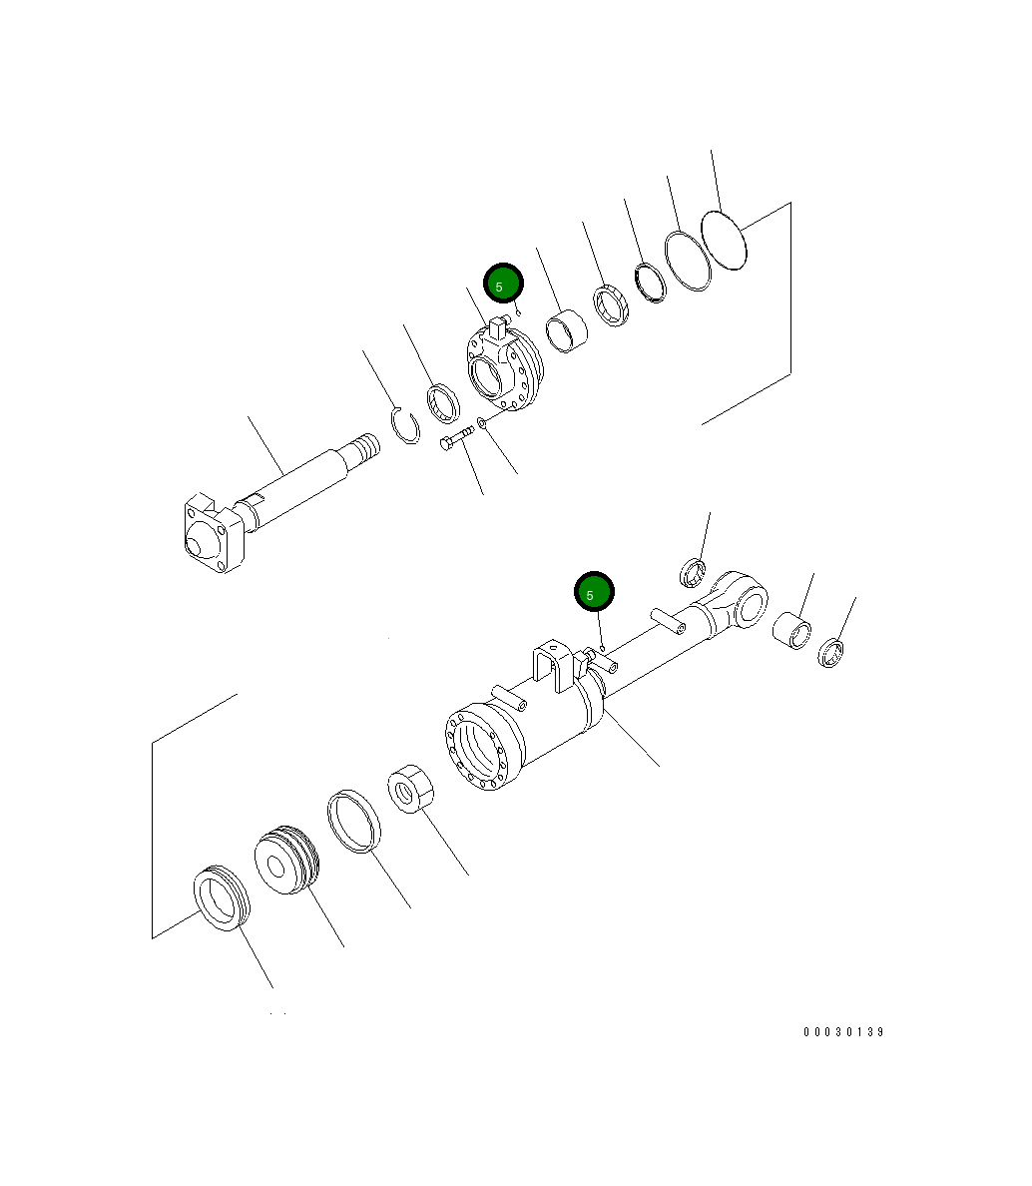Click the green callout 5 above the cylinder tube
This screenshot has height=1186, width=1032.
pos(594,594)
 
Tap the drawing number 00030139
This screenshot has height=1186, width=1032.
pos(843,1032)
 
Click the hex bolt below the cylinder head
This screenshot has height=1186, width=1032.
pos(456,439)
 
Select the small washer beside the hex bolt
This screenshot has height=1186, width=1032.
pos(483,422)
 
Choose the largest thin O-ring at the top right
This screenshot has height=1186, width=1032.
pos(725,240)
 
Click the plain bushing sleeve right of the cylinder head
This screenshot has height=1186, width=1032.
pos(566,331)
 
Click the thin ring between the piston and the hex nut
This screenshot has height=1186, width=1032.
pos(354,822)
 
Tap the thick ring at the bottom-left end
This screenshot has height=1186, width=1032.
pos(221,898)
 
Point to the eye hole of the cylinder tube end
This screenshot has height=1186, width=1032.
pos(752,602)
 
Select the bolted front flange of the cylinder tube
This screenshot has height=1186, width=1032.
pos(483,748)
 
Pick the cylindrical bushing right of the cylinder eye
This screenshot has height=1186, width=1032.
pos(793,630)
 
